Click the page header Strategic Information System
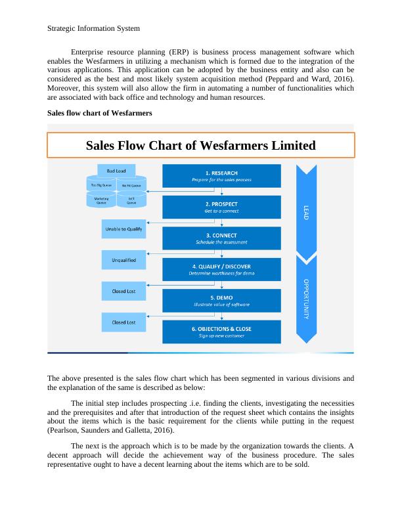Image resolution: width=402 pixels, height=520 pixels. coord(94,29)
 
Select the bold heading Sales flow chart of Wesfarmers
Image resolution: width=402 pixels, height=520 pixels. coord(100,113)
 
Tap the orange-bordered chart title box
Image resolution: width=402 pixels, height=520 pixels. coord(201,145)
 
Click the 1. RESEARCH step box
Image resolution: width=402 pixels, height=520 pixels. coord(221,175)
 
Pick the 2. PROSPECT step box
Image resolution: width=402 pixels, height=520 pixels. coord(221,206)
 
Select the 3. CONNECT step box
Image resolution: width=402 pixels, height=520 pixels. coord(221,238)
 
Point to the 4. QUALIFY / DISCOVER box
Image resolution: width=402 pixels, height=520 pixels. coord(221,269)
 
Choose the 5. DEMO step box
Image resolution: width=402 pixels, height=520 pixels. coord(221,301)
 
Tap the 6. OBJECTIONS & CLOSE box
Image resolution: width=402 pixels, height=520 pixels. coord(221,332)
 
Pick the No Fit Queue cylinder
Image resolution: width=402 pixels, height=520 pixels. coord(131,185)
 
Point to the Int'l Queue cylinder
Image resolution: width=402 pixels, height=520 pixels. coord(131,200)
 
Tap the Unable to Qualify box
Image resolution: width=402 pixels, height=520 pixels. coord(123,229)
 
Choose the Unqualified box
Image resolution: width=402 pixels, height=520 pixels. coord(123,260)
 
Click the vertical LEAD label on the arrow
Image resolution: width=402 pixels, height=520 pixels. coord(305,213)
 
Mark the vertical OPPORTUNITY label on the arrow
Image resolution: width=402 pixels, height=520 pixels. coord(305,299)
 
